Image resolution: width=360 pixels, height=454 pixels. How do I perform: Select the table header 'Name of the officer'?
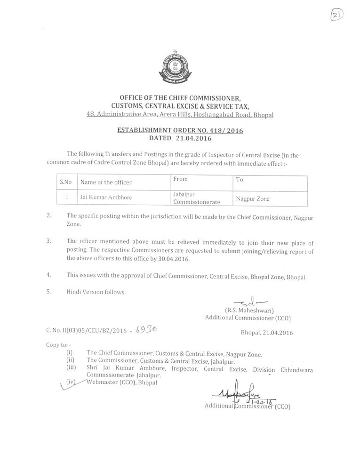tap(106, 182)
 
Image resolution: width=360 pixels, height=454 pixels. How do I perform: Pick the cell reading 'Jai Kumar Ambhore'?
tap(106, 198)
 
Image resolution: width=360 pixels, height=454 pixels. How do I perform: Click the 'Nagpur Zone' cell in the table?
tap(253, 199)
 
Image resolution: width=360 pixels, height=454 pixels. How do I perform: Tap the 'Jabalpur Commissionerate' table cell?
tap(196, 198)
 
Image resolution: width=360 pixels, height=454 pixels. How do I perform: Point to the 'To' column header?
tap(240, 179)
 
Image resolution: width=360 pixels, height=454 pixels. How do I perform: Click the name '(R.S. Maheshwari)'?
tap(249, 311)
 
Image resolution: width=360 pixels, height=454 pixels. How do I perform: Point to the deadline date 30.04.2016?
tap(175, 259)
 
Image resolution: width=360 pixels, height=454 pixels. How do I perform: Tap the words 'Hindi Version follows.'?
tap(96, 292)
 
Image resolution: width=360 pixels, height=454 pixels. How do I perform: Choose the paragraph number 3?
tap(48, 240)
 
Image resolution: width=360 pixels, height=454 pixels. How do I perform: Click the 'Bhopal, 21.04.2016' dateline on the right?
tap(266, 333)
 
